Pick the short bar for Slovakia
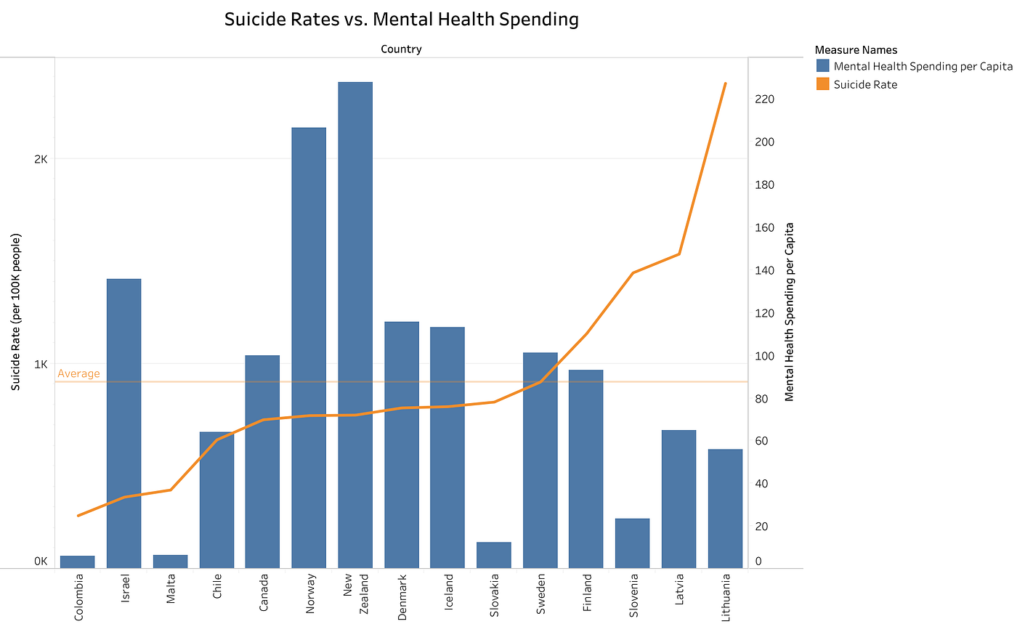pyautogui.click(x=494, y=555)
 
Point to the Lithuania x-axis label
pyautogui.click(x=726, y=598)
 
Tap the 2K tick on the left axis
pyautogui.click(x=41, y=160)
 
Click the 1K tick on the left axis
pyautogui.click(x=41, y=365)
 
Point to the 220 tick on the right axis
pyautogui.click(x=765, y=99)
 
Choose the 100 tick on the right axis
pyautogui.click(x=765, y=356)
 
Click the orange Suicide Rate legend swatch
pyautogui.click(x=822, y=84)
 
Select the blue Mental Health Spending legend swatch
pyautogui.click(x=822, y=66)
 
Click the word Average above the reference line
pyautogui.click(x=78, y=373)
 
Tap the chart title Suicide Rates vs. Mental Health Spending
pyautogui.click(x=401, y=20)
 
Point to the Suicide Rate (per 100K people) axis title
pyautogui.click(x=15, y=311)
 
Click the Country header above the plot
pyautogui.click(x=401, y=49)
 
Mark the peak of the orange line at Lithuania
pyautogui.click(x=726, y=84)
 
